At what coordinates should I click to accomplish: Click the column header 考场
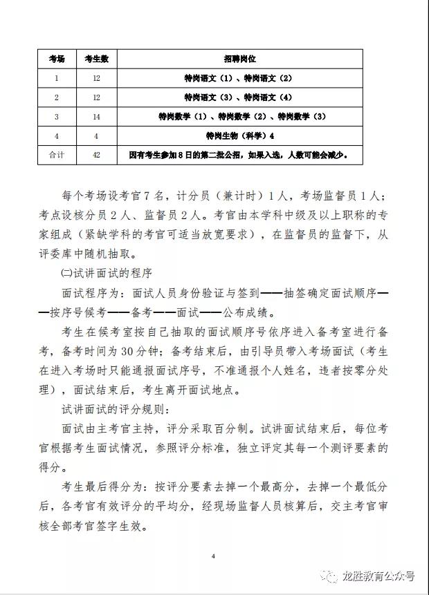(x=57, y=59)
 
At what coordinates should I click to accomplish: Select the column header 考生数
(x=96, y=59)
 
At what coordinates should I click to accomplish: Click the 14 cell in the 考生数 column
(x=96, y=117)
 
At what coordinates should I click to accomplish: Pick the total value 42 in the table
(x=96, y=155)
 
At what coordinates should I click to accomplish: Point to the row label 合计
(x=57, y=155)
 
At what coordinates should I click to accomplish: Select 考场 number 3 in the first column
(x=57, y=117)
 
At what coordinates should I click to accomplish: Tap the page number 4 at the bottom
(x=214, y=555)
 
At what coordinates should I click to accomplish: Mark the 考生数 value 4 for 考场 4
(x=96, y=136)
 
